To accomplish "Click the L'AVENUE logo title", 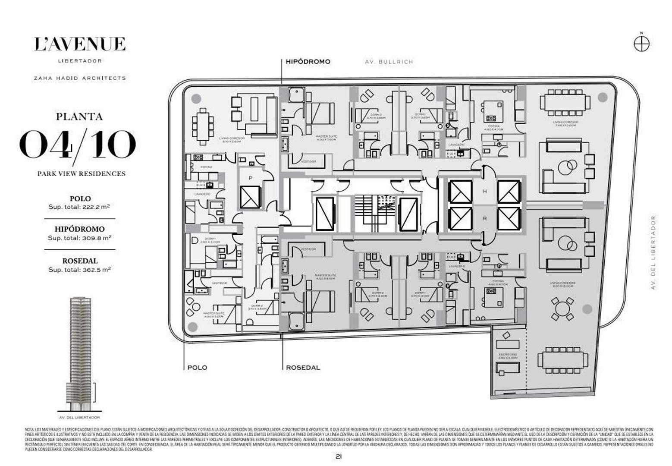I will tap(80, 44).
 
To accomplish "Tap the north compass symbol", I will tap(641, 43).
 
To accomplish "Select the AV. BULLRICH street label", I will tap(389, 62).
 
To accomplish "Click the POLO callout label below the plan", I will tap(197, 368).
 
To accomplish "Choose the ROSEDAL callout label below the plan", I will tap(303, 368).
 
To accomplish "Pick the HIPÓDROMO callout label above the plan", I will tap(308, 62).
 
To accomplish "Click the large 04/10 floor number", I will tap(78, 145).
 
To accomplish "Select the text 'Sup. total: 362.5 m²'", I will tap(79, 270).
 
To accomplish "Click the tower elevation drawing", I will tap(79, 354).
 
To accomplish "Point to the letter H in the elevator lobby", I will tap(485, 191).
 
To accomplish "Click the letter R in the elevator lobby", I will tap(485, 219).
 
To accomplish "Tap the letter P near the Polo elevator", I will tap(250, 178).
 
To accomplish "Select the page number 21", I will tap(339, 456).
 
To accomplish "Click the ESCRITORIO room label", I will tap(508, 355).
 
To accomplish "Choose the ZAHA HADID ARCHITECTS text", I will tap(80, 78).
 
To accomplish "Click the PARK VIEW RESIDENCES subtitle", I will tap(81, 173).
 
